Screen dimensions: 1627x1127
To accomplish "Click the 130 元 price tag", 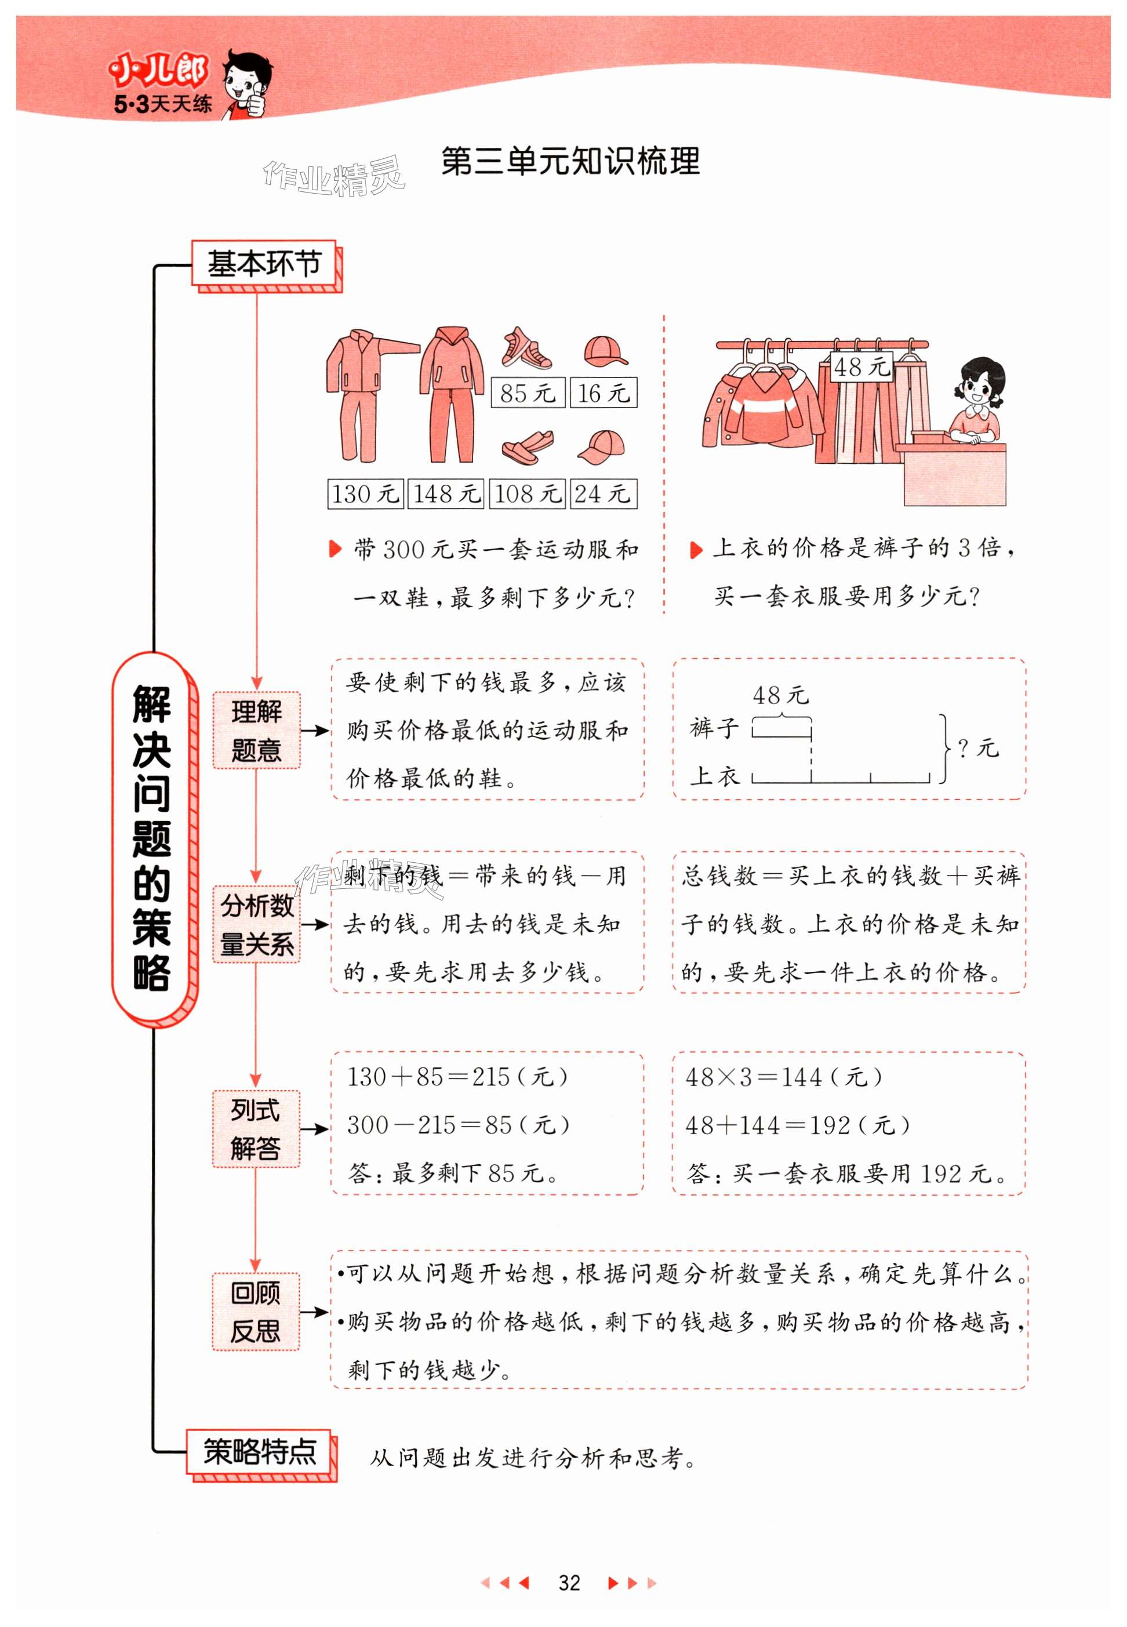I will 365,493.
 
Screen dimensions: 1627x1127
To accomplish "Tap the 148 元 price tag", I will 446,493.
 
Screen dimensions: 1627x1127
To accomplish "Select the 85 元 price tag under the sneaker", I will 528,393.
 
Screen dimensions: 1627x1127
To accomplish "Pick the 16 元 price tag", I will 603,393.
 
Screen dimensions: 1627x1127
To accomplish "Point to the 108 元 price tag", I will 527,493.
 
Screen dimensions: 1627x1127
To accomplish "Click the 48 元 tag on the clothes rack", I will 860,366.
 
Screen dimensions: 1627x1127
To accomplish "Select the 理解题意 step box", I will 256,730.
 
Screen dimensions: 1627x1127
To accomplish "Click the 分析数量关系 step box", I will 256,924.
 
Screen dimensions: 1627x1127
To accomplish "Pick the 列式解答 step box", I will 256,1128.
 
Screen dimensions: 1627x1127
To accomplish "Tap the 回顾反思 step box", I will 256,1312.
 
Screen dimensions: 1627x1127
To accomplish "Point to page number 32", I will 569,1583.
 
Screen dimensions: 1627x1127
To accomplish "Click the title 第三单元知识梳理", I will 570,161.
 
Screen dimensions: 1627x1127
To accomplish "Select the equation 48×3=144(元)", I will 784,1077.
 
